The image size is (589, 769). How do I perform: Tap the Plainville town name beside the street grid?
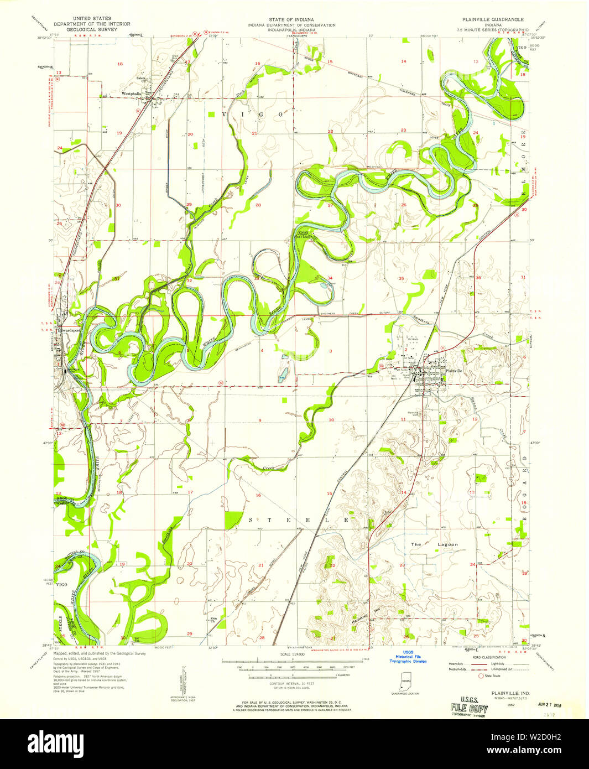coord(454,370)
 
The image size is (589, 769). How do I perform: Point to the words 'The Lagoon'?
coord(434,544)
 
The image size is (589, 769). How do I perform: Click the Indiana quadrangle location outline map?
coord(405,682)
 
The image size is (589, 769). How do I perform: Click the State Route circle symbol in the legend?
coord(481,676)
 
